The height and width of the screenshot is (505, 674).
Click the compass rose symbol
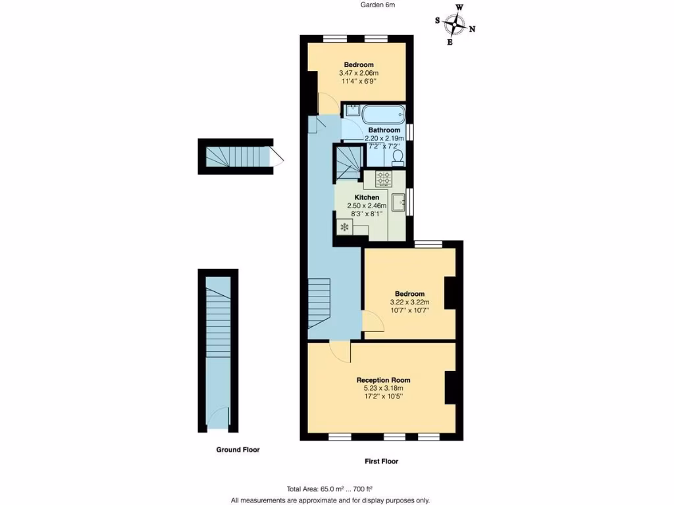[x=455, y=25]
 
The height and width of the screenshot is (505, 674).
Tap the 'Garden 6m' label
[x=378, y=5]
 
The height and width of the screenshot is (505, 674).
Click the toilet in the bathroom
[x=397, y=158]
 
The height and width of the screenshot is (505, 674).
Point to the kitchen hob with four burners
[x=383, y=179]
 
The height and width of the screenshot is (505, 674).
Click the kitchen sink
[x=398, y=203]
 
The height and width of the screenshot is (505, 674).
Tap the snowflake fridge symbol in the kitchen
[x=343, y=228]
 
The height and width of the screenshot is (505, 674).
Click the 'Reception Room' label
[x=383, y=380]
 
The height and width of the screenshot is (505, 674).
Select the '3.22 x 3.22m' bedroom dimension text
[x=409, y=302]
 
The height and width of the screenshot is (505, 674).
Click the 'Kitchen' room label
[x=367, y=197]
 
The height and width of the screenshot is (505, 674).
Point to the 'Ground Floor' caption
[x=238, y=450]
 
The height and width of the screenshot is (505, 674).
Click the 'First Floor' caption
[x=381, y=461]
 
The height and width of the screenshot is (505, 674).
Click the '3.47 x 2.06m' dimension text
[x=359, y=73]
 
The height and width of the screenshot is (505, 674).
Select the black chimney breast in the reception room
[x=451, y=388]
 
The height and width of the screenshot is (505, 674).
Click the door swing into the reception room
[x=340, y=352]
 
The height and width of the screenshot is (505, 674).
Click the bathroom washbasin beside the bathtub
[x=351, y=111]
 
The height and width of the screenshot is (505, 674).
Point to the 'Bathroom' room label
[x=384, y=130]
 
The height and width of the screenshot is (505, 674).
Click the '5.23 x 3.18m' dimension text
[x=383, y=388]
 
